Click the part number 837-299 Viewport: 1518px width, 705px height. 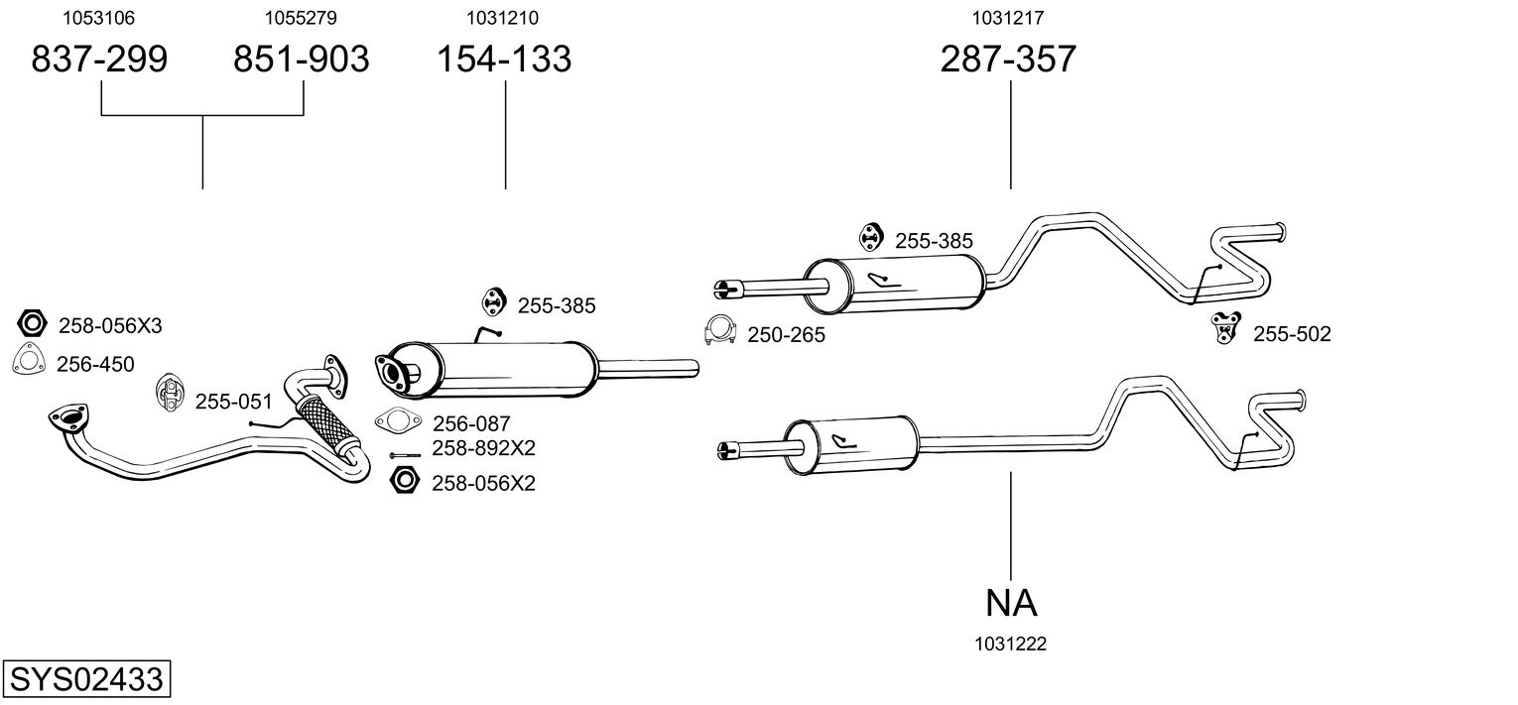coord(99,59)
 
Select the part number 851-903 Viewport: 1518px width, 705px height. coord(301,59)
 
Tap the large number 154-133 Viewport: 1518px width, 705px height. coord(505,59)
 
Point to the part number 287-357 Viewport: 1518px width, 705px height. coord(1008,59)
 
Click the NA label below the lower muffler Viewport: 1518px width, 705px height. coord(1011,602)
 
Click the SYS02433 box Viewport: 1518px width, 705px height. coord(86,680)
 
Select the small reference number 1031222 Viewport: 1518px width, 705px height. coord(1011,645)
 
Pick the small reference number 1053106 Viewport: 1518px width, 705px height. coord(99,18)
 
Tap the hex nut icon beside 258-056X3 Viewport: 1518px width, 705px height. coord(33,324)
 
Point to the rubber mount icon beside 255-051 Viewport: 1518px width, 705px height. coord(170,394)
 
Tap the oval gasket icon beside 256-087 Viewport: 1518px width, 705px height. coord(397,421)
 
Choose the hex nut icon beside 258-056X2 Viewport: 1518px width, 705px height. coord(404,481)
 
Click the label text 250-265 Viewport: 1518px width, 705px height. coord(786,335)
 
